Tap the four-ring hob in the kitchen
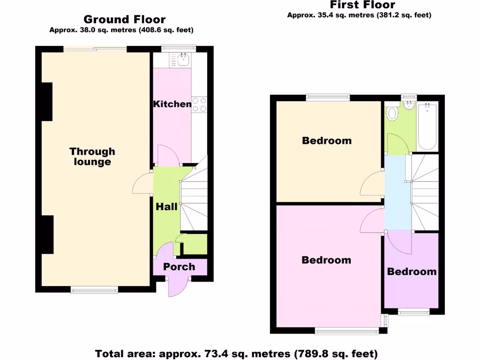tap(199, 105)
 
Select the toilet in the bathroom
tap(391, 113)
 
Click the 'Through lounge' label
tap(92, 157)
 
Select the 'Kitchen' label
tap(172, 104)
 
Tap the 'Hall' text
tap(166, 206)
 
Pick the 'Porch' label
tap(179, 267)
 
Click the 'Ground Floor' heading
tap(124, 19)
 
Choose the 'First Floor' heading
tap(362, 5)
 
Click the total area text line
tap(236, 353)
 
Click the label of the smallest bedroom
tap(412, 272)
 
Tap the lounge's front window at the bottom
tap(94, 290)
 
